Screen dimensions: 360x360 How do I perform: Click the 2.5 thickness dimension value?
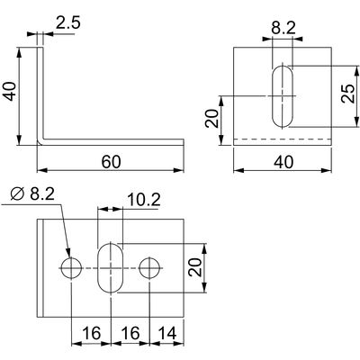tap(68, 22)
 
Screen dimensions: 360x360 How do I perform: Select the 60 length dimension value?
tap(111, 162)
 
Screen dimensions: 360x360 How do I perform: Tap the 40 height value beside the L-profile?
tap(10, 91)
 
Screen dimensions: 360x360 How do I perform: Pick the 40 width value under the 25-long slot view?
tap(283, 162)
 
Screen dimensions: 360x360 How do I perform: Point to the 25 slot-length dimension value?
tap(348, 94)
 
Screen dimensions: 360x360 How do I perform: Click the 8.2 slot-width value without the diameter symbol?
tap(283, 28)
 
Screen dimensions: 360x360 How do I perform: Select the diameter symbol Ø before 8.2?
tap(17, 194)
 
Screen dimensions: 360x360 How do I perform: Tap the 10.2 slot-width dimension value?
tap(144, 200)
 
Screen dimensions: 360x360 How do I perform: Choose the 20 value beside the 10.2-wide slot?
tap(195, 267)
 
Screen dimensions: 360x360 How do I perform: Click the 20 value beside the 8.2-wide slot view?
tap(211, 119)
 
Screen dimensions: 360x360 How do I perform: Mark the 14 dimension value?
tap(166, 333)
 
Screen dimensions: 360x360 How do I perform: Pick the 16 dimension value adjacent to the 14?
tap(130, 333)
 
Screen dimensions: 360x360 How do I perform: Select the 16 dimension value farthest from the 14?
tap(91, 333)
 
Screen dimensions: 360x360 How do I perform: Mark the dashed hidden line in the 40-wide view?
tap(283, 139)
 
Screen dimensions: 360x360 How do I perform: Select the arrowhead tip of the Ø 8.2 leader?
tap(69, 256)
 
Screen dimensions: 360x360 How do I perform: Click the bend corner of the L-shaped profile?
tap(40, 142)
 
